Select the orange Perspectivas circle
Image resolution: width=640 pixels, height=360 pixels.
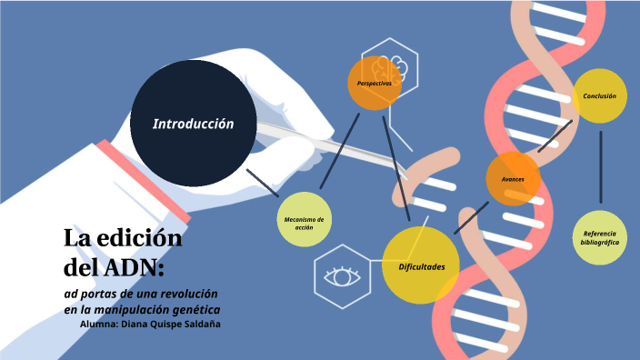[x=375, y=83]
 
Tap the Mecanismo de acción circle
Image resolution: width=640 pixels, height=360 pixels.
[x=305, y=221]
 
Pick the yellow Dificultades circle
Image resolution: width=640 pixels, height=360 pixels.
[x=421, y=265]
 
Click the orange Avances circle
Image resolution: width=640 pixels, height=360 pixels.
[x=513, y=179]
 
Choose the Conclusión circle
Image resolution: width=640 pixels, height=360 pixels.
[x=600, y=95]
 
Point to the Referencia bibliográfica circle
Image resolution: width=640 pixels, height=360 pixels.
[x=600, y=238]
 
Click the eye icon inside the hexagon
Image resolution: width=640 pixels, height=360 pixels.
[x=345, y=275]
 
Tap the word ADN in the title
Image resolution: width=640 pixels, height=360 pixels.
[x=133, y=268]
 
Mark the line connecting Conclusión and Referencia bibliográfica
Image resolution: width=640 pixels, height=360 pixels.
[x=600, y=165]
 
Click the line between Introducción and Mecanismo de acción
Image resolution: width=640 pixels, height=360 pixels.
[x=263, y=181]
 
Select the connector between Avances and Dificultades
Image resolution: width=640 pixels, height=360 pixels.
[x=471, y=217]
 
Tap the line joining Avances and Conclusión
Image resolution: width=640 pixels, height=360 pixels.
[x=555, y=137]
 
